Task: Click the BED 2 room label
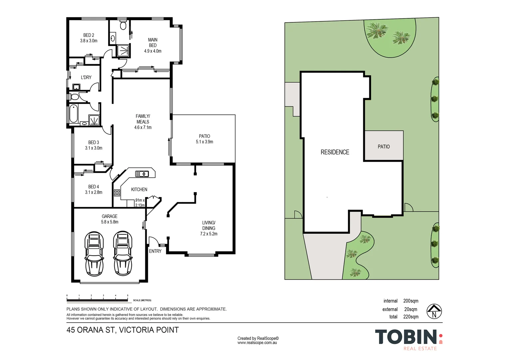click(89, 35)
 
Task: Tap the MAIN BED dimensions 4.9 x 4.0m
click(153, 51)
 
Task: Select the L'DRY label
click(86, 77)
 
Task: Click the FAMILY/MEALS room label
click(143, 119)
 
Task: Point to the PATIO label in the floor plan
click(205, 136)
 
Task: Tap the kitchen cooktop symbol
click(117, 193)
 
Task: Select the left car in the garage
click(94, 253)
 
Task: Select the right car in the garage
click(123, 253)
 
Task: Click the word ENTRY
click(155, 251)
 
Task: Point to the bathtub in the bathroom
click(73, 114)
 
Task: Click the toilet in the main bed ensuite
click(123, 26)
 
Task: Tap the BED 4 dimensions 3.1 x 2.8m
click(94, 192)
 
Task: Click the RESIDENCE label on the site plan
click(335, 152)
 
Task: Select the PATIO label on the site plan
click(384, 147)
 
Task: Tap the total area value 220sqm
click(411, 317)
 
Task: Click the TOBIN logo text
click(406, 337)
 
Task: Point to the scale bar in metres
click(97, 298)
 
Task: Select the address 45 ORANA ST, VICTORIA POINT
click(123, 330)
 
